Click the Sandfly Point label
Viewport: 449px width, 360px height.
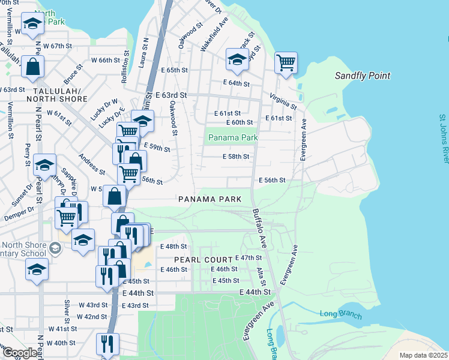click(362, 76)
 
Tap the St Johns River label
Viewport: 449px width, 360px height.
click(443, 139)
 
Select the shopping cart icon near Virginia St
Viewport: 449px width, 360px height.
click(286, 62)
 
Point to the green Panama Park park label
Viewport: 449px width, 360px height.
click(233, 138)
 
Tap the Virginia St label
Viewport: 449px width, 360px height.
click(283, 101)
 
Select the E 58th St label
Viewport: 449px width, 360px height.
click(235, 157)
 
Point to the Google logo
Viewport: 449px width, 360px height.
click(19, 353)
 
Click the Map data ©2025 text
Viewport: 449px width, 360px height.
click(423, 355)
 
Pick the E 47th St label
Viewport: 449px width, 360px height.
click(249, 257)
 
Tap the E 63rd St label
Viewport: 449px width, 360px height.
click(170, 95)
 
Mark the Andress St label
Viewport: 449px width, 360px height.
click(92, 164)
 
